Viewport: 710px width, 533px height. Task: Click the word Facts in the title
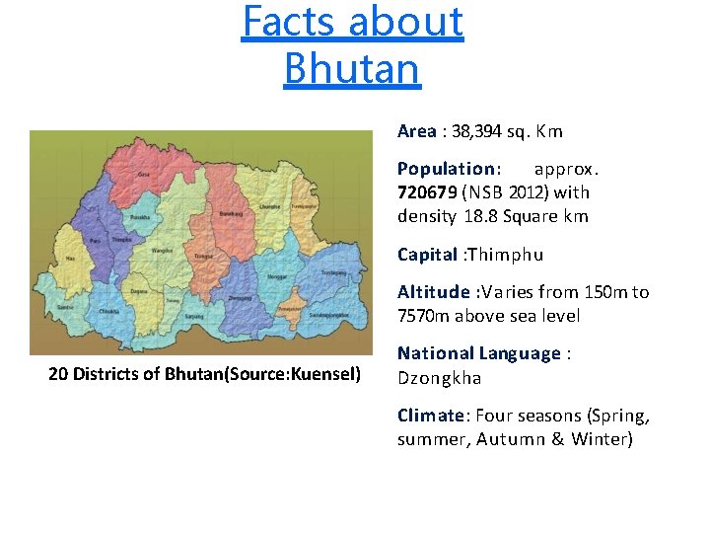(284, 22)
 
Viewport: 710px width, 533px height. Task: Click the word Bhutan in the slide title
(351, 68)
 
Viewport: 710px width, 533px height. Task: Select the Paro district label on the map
(95, 241)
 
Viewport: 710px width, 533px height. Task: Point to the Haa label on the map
(70, 259)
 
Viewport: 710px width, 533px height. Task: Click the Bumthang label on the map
(231, 214)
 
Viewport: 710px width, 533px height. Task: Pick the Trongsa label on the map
(203, 255)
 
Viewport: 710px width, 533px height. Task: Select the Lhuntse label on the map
(270, 206)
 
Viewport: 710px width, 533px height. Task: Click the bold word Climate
(430, 416)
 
